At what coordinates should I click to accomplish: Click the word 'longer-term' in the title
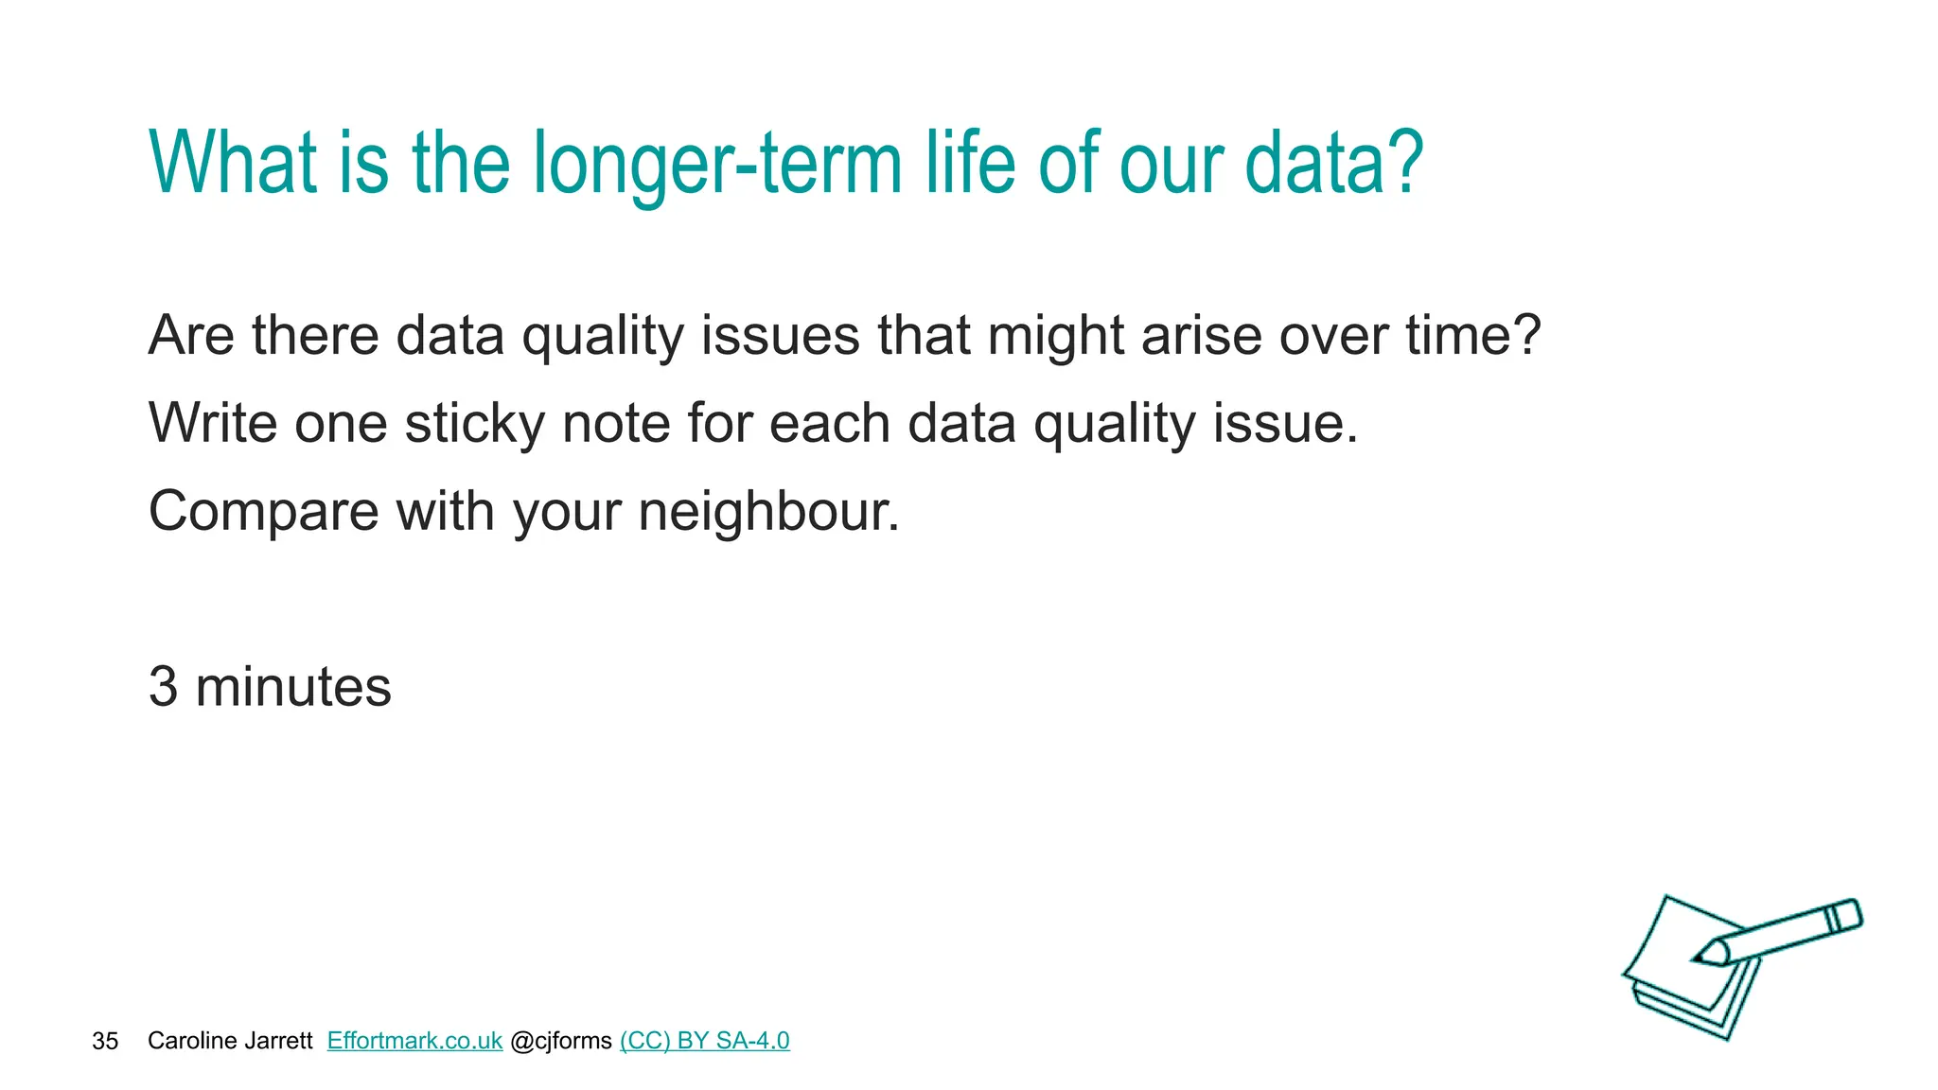tap(716, 166)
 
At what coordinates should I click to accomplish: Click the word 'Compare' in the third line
tap(264, 512)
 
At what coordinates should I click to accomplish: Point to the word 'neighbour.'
tap(768, 512)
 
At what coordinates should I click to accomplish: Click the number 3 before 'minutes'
tap(164, 687)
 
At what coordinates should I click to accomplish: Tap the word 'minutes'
tap(292, 687)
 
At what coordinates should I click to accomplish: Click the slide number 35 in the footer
tap(105, 1042)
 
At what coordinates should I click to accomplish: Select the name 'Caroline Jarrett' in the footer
tap(230, 1041)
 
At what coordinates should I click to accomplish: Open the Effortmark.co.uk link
tap(414, 1041)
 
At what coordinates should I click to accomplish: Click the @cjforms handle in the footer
tap(561, 1041)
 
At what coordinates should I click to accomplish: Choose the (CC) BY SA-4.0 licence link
tap(705, 1041)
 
